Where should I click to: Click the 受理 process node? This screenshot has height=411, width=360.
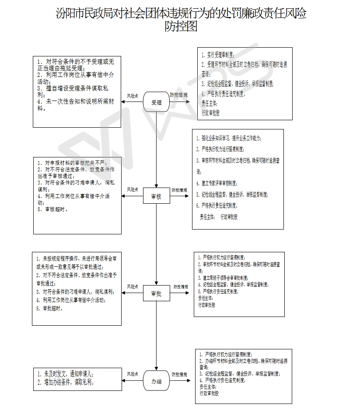(156, 102)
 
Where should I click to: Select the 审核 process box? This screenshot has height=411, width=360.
(156, 197)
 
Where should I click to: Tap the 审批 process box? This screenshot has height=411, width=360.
(156, 294)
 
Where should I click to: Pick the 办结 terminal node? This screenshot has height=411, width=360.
(156, 382)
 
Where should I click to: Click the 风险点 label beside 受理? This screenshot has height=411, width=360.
(133, 95)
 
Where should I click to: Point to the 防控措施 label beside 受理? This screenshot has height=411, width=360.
(178, 95)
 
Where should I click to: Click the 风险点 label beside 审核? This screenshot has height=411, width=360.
(133, 190)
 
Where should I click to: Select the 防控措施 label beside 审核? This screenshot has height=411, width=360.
(179, 190)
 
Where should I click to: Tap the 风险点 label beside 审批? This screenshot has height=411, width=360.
(133, 286)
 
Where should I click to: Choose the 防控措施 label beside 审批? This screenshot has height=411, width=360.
(181, 287)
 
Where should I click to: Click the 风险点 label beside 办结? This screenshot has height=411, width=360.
(133, 374)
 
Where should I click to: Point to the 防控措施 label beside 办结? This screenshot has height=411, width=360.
(179, 375)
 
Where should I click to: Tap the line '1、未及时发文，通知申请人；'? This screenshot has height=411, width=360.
(66, 374)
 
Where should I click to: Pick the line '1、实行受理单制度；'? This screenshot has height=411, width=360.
(218, 56)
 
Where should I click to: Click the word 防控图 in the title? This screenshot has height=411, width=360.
(181, 27)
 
